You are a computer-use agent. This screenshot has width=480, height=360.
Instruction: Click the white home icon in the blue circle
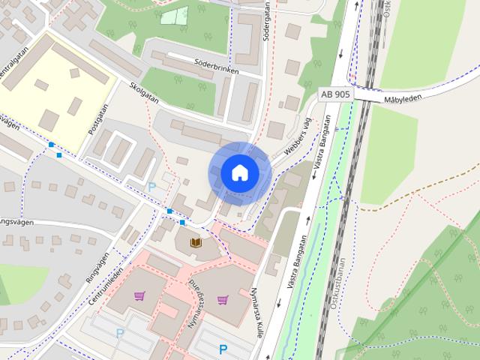tap(239, 173)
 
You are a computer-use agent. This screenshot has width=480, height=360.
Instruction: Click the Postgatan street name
tap(97, 119)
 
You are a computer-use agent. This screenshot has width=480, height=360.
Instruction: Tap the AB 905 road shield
tap(334, 94)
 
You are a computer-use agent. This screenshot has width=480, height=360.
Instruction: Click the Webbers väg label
tap(298, 133)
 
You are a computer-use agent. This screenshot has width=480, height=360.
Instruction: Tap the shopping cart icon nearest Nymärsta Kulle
tap(223, 300)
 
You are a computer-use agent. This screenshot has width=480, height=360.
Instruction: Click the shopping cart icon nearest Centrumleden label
tap(139, 295)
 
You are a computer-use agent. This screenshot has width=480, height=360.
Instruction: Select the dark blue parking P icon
tap(223, 349)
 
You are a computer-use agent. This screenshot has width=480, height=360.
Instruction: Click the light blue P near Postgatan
tap(153, 186)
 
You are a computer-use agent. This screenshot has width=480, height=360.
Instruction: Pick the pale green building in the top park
tap(174, 16)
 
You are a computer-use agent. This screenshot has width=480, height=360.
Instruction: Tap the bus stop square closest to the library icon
tap(182, 222)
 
